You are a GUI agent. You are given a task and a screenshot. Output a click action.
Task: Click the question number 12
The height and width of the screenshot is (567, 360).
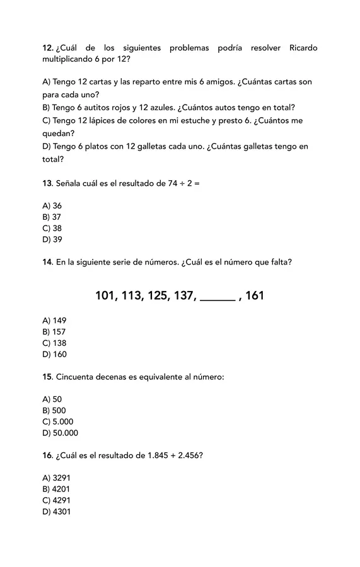47,49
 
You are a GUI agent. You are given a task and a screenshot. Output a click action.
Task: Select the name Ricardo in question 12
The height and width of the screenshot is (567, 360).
303,49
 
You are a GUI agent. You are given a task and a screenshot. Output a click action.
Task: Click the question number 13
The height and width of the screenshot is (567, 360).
47,183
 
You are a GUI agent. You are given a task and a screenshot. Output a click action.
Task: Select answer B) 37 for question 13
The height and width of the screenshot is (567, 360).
52,217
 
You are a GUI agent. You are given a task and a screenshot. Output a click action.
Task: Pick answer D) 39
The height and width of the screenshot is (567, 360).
52,239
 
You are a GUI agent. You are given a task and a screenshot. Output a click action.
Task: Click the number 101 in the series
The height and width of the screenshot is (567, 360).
106,295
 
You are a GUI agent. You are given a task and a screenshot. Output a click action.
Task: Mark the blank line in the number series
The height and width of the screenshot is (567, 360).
218,300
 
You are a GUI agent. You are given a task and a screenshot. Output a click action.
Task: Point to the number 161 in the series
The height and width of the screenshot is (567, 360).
254,295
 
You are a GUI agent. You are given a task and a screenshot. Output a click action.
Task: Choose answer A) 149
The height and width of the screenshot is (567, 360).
54,321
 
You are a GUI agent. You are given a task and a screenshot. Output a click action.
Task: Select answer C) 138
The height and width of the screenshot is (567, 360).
54,343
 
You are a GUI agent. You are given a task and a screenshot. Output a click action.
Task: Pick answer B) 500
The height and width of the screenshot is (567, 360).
54,411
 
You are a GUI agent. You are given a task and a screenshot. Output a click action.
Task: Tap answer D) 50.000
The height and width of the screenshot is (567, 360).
61,433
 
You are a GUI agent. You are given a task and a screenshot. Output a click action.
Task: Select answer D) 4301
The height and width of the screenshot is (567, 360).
56,512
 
